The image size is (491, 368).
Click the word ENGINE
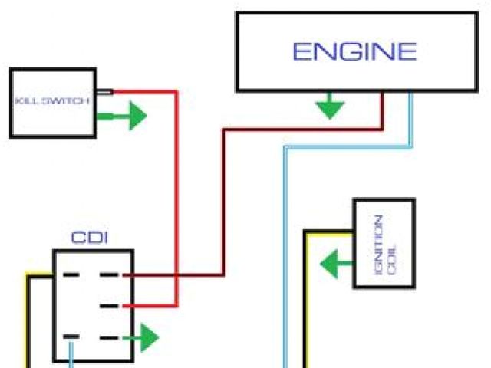click(354, 51)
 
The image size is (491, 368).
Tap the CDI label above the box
click(90, 238)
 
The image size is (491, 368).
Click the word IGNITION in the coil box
click(377, 238)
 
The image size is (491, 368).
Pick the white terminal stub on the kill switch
click(105, 92)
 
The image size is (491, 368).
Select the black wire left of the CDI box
click(33, 322)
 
